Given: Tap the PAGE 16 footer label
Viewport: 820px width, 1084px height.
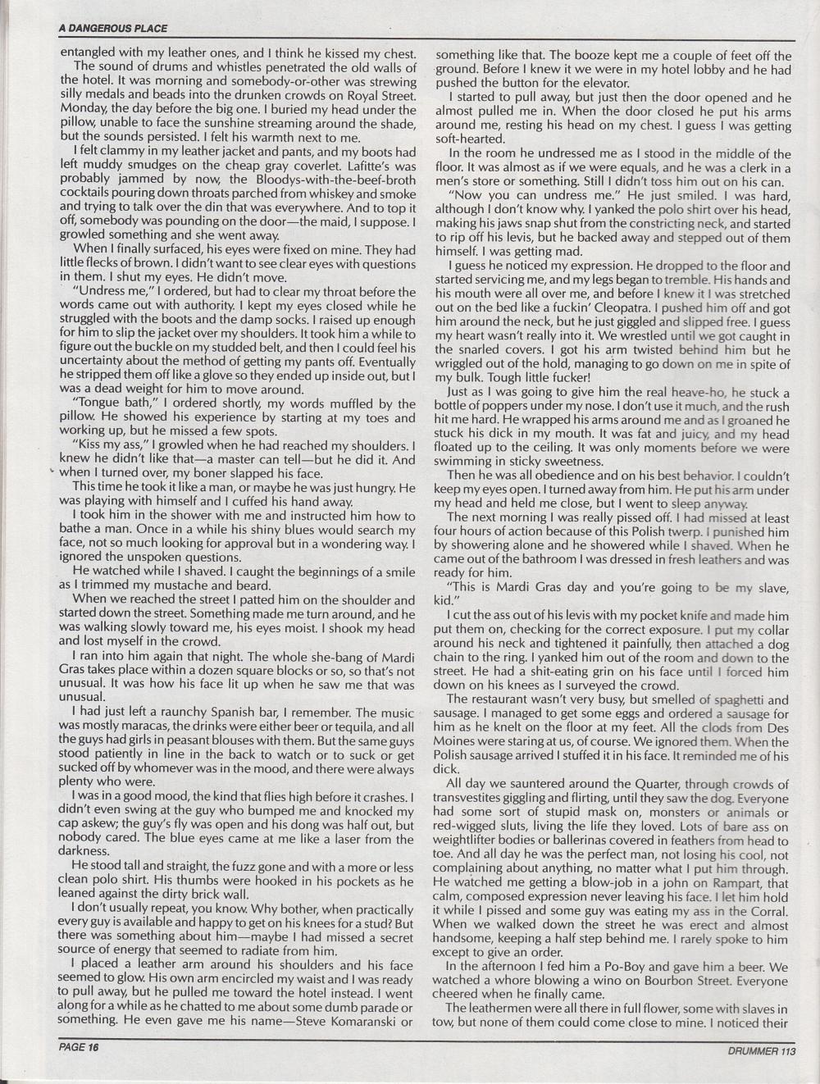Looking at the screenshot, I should click(x=78, y=1046).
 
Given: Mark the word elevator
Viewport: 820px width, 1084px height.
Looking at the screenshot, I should click(x=602, y=83).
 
